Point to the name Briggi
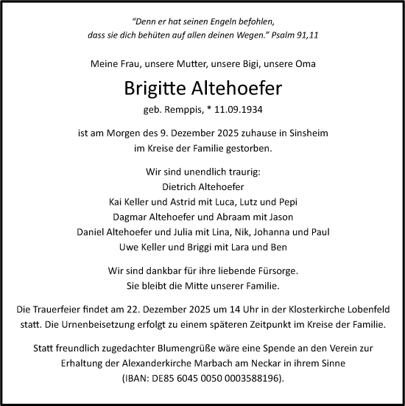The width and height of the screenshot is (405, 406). (211, 247)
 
